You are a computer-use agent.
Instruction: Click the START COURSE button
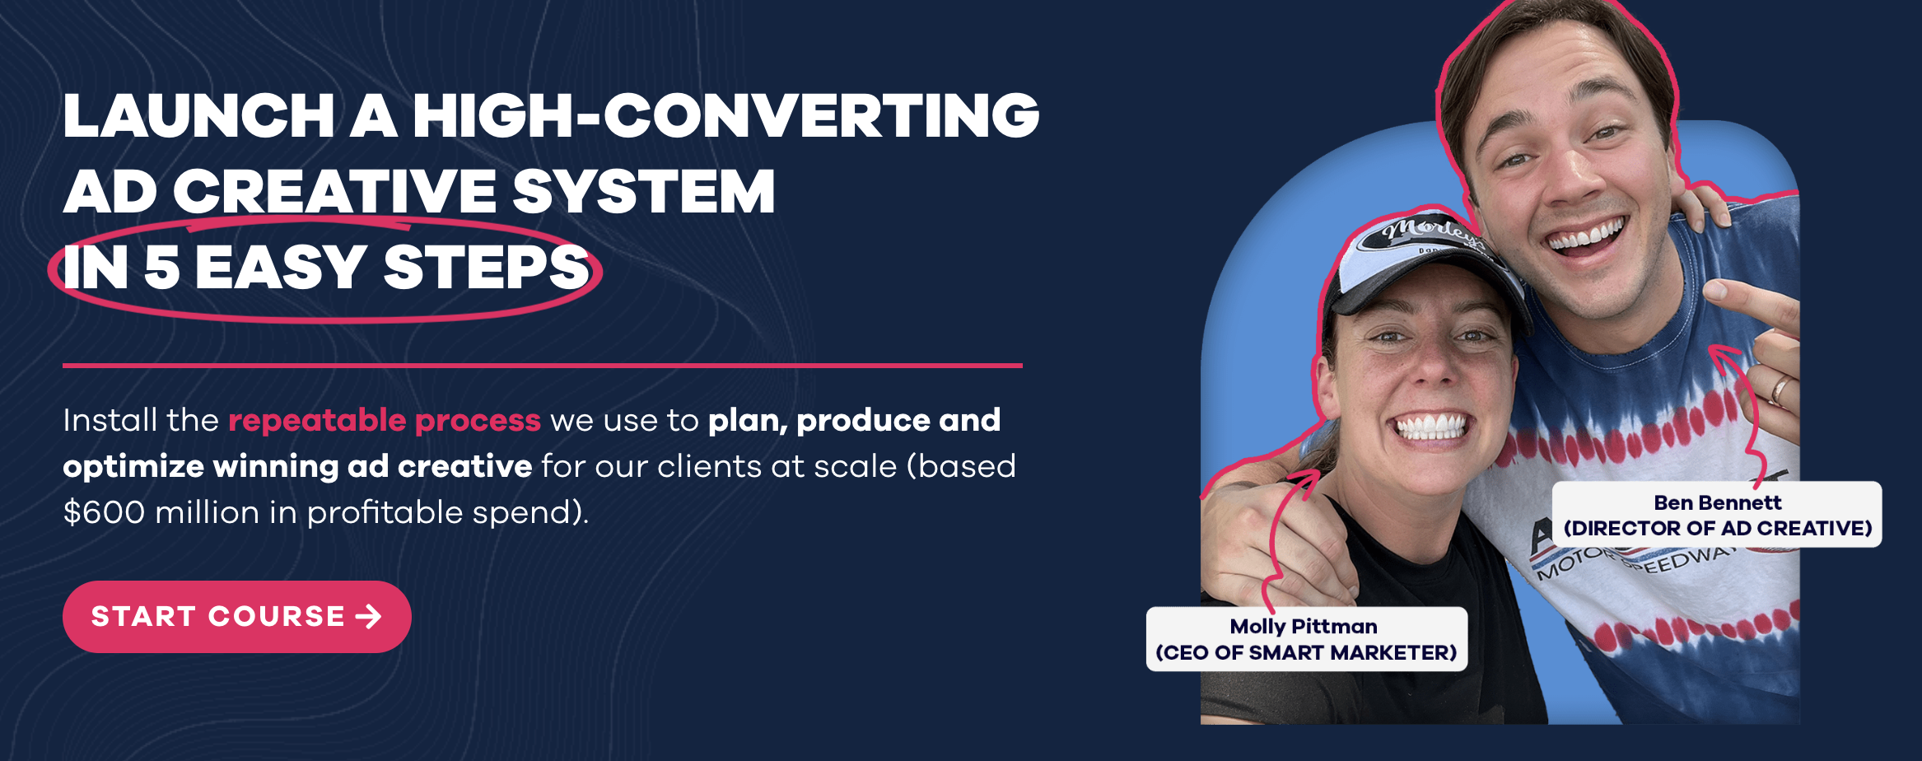pos(237,617)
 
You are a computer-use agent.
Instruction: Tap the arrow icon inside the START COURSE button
pos(369,617)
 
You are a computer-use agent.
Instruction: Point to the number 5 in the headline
pos(161,268)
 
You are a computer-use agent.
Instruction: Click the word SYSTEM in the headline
pos(643,191)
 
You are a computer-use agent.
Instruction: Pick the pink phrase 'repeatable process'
pos(385,421)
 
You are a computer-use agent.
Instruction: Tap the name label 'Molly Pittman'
pos(1304,627)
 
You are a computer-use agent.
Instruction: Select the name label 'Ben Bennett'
pos(1718,502)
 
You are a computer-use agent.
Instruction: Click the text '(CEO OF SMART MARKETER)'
pos(1306,653)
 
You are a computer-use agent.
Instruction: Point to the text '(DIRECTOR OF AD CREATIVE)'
pos(1718,528)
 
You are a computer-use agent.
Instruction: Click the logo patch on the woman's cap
pos(1423,233)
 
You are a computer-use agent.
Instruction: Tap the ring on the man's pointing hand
pos(1780,388)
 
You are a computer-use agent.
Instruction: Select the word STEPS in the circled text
pos(487,268)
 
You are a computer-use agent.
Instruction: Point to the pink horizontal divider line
pos(543,366)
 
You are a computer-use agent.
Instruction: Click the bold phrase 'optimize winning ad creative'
pos(297,467)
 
